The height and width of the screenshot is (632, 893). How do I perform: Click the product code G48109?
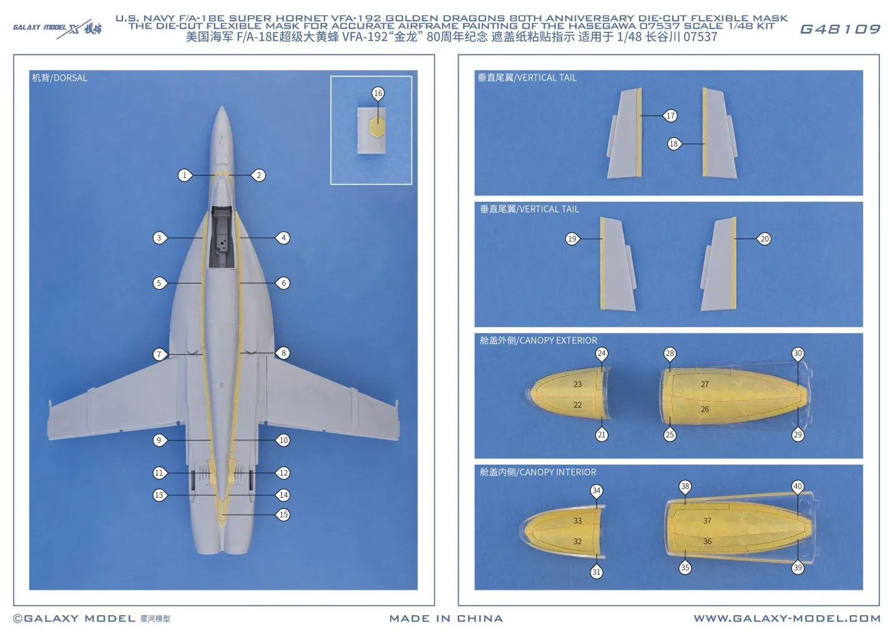pyautogui.click(x=839, y=29)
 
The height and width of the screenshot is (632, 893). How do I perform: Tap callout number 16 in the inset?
pyautogui.click(x=378, y=94)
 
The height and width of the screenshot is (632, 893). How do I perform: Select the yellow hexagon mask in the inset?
pyautogui.click(x=375, y=127)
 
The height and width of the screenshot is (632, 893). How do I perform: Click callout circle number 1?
pyautogui.click(x=184, y=175)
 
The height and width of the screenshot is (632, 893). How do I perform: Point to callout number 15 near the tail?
pyautogui.click(x=283, y=515)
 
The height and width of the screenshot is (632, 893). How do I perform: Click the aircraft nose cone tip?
pyautogui.click(x=222, y=109)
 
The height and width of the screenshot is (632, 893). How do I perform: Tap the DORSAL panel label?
pyautogui.click(x=60, y=78)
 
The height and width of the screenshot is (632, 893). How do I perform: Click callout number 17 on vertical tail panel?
pyautogui.click(x=670, y=116)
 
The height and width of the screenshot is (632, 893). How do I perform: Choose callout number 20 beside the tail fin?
pyautogui.click(x=764, y=239)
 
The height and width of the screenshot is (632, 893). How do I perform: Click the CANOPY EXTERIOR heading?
pyautogui.click(x=538, y=340)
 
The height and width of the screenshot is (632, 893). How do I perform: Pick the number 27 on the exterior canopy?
pyautogui.click(x=705, y=385)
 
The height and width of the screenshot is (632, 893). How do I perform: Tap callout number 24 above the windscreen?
pyautogui.click(x=601, y=353)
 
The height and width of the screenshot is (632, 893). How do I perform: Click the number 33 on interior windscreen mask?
pyautogui.click(x=577, y=521)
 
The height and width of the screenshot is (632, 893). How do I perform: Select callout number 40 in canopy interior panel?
pyautogui.click(x=798, y=486)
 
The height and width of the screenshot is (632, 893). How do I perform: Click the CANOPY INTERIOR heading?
pyautogui.click(x=537, y=472)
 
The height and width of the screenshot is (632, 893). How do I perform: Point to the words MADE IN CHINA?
pyautogui.click(x=446, y=618)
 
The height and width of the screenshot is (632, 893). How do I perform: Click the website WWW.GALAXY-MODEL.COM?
pyautogui.click(x=787, y=618)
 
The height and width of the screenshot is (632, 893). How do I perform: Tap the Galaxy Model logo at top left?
pyautogui.click(x=57, y=28)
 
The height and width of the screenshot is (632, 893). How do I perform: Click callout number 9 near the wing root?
pyautogui.click(x=159, y=440)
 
